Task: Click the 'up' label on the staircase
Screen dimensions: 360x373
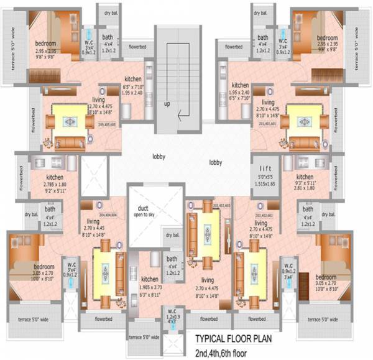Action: pyautogui.click(x=167, y=104)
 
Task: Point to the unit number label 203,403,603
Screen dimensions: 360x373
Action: pyautogui.click(x=221, y=205)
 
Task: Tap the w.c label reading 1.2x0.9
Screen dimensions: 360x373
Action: pyautogui.click(x=172, y=316)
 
